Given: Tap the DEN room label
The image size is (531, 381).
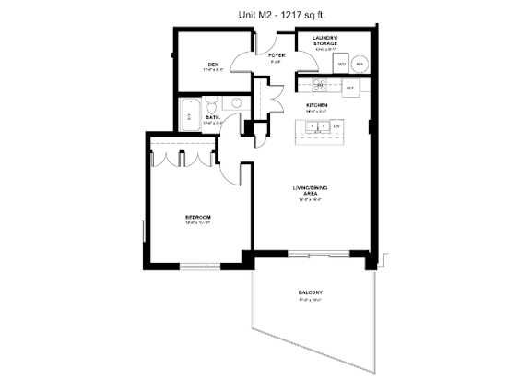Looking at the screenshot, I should (x=212, y=65).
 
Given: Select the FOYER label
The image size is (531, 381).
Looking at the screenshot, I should (x=276, y=54).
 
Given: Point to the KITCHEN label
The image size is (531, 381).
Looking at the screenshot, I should (x=317, y=105).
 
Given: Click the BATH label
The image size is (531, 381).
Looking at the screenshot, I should (x=211, y=117).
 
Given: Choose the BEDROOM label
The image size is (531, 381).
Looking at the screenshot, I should (x=198, y=219).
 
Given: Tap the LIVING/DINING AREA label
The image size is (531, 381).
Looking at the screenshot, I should (x=312, y=191).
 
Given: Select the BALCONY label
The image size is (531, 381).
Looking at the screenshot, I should (x=309, y=294).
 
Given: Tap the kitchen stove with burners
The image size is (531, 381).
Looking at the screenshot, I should (x=319, y=86).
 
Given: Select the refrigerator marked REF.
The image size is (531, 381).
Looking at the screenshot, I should (x=350, y=88).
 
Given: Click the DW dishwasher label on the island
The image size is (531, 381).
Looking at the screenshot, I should (x=337, y=126).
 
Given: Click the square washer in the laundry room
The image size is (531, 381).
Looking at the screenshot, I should (x=342, y=64).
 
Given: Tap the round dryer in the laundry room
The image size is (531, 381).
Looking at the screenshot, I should (x=360, y=64).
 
